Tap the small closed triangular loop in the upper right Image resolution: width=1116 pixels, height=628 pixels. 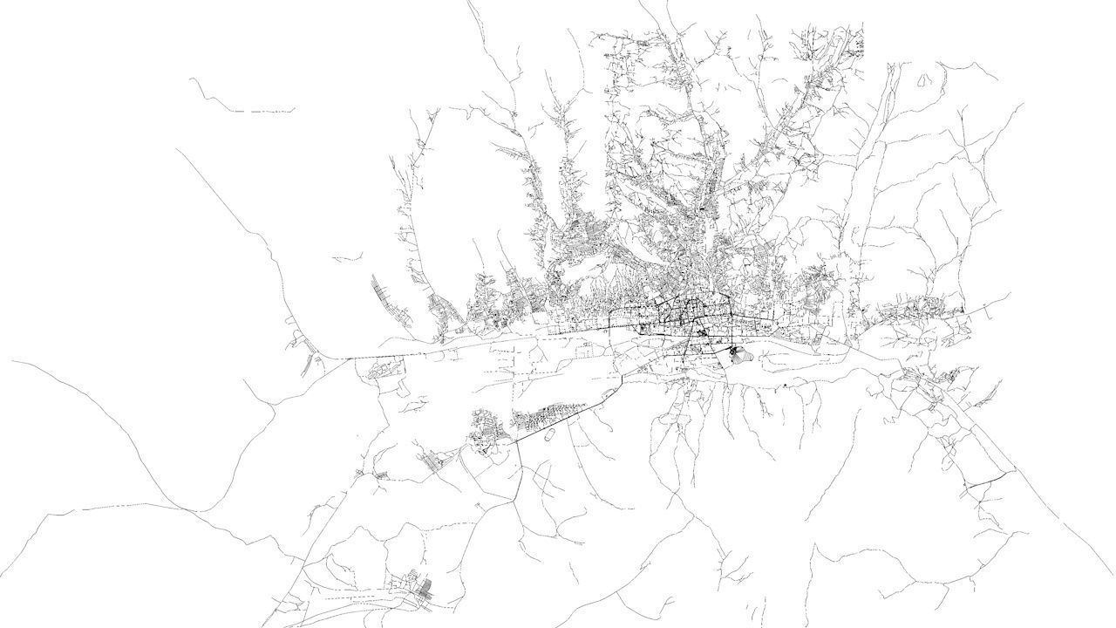(x=923, y=79)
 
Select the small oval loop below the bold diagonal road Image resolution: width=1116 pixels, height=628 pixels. (x=548, y=439)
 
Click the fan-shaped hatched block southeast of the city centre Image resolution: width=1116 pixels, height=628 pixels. (x=738, y=353)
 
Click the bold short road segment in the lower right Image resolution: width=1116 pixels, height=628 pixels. (x=990, y=479)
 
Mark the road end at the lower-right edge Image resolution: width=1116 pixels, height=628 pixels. (x=1113, y=576)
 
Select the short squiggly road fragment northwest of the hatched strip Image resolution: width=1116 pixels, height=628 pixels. (x=347, y=258)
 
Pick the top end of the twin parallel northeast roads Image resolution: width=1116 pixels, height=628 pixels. (x=893, y=65)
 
